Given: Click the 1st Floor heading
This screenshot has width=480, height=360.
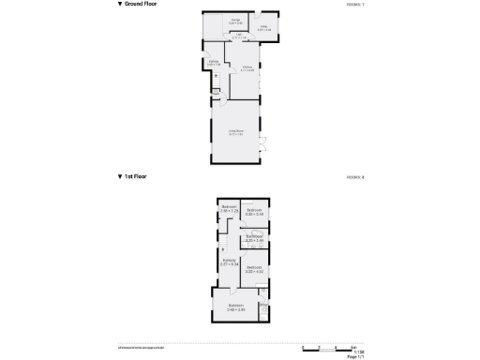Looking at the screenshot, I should pos(133,176).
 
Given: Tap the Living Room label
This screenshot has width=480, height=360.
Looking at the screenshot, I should pos(235,132).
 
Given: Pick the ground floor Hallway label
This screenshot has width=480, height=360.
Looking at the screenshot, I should pos(214,63).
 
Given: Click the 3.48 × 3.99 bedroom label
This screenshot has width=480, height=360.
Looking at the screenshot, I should pos(234,307).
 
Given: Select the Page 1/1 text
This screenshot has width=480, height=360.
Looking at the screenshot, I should pos(354,356).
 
